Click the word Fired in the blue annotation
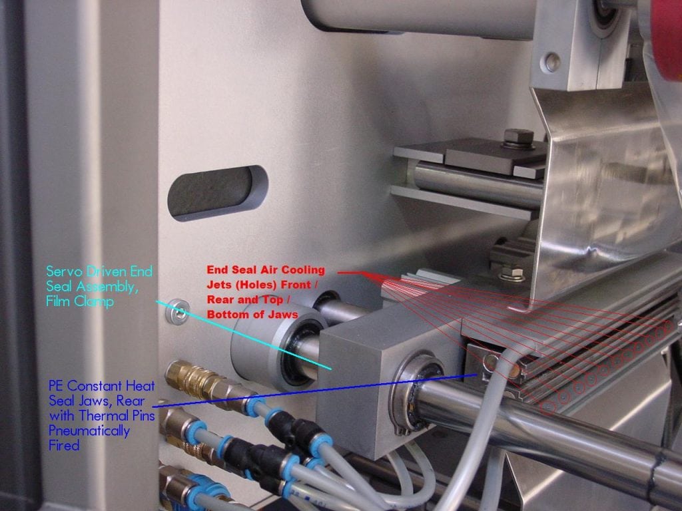[64, 444]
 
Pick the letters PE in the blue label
[56, 386]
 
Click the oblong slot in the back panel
[216, 194]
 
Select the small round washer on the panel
[176, 309]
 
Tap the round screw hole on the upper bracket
[550, 64]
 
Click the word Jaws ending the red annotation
[282, 314]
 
